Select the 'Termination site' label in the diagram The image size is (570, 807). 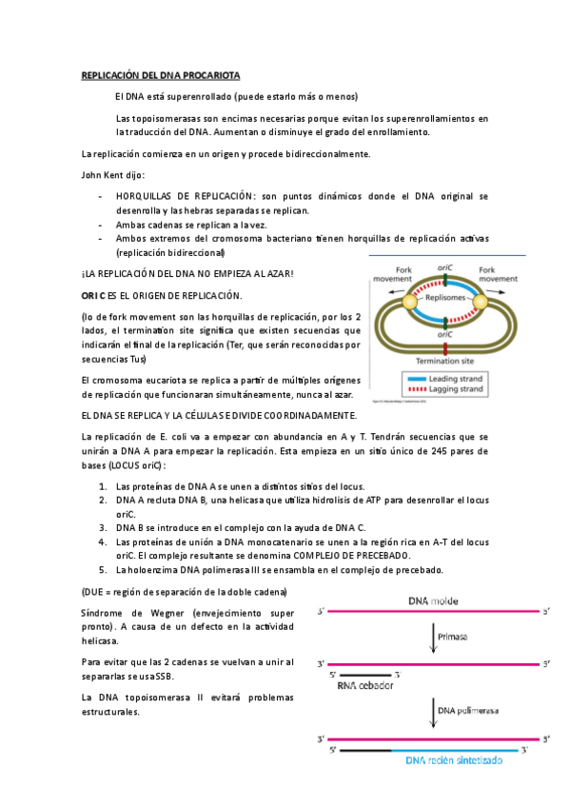(445, 363)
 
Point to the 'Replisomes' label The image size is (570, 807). (445, 297)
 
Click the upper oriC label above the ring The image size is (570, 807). (445, 267)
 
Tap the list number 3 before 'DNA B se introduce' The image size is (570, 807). (103, 526)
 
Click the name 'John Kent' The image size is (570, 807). (106, 174)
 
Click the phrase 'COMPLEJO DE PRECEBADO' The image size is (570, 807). (350, 555)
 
